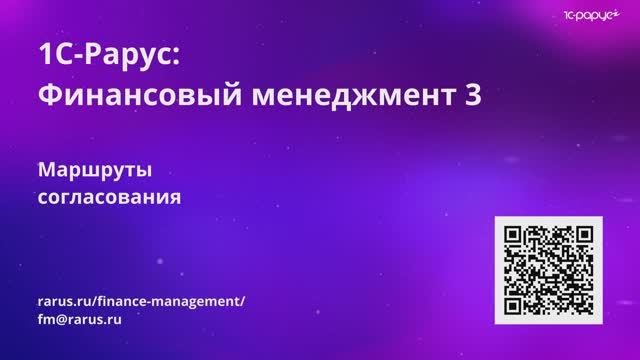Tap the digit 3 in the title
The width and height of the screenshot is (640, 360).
tap(473, 95)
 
